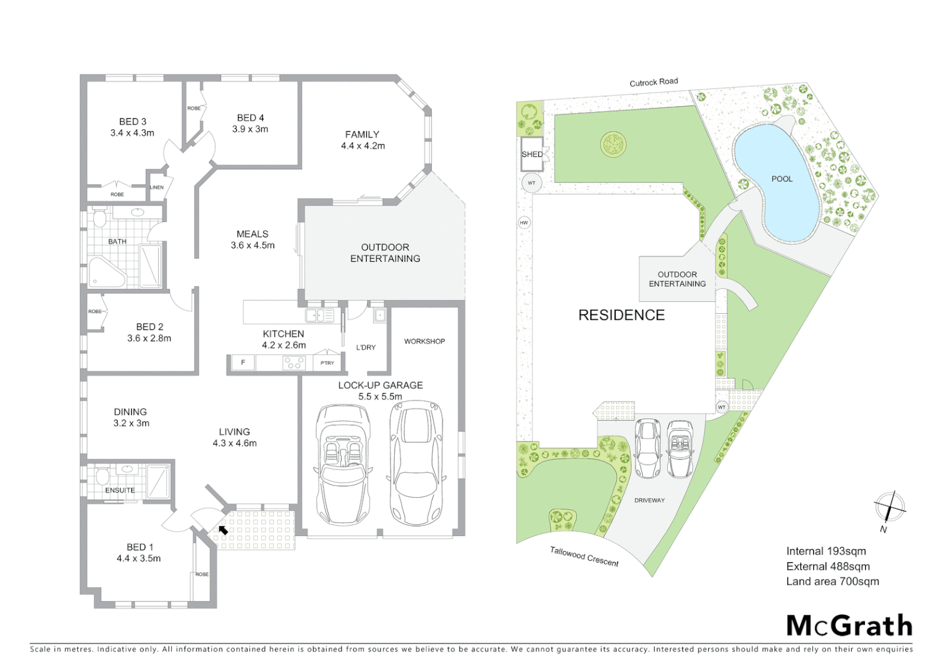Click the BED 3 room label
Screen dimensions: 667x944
(x=132, y=122)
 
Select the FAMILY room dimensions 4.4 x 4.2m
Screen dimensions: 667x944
(x=363, y=146)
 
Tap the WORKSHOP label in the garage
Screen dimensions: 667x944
(x=424, y=341)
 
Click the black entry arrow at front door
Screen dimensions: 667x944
(x=223, y=529)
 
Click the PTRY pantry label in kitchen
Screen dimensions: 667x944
(x=327, y=363)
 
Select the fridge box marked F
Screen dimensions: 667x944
(x=243, y=363)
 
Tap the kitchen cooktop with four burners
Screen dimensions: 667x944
(x=293, y=363)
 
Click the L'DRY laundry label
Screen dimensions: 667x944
(x=366, y=347)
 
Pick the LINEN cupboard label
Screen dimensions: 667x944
(x=156, y=188)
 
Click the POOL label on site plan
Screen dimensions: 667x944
(x=782, y=179)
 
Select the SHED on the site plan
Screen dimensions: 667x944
(x=531, y=154)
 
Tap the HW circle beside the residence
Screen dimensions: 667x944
(x=524, y=223)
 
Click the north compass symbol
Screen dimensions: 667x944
(x=889, y=508)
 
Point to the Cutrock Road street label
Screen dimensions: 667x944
(x=653, y=82)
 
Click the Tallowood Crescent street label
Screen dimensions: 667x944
(x=584, y=556)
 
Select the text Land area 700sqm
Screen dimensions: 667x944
(x=832, y=581)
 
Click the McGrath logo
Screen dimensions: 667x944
(x=849, y=626)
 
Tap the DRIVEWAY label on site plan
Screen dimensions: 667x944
(x=649, y=500)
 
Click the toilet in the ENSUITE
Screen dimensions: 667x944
(x=102, y=476)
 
